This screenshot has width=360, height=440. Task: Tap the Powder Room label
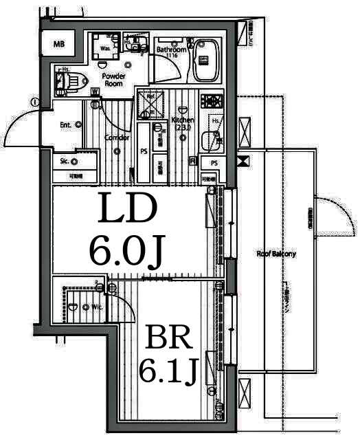pos(113,79)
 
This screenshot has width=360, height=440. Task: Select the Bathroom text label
pos(171,50)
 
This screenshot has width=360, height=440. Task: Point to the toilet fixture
pos(69,82)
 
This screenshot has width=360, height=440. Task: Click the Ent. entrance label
pos(67,124)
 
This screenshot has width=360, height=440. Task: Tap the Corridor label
pos(117,137)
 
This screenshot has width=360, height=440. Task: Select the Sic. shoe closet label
pos(64,162)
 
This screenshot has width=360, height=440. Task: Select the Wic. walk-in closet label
pos(95,307)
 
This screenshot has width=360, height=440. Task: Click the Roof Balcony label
pos(276,254)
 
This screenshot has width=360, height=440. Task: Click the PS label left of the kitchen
pos(144,151)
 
